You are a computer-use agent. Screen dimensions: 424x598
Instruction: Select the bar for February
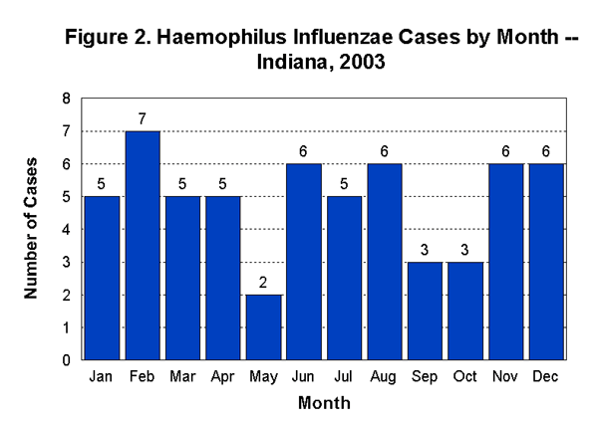(x=143, y=245)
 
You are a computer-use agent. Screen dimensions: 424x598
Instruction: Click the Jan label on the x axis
(x=102, y=376)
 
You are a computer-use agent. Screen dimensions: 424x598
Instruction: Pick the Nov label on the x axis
(x=506, y=376)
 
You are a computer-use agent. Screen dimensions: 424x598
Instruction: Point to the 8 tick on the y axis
(x=67, y=99)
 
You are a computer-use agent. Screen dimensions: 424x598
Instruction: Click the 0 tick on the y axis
(x=67, y=359)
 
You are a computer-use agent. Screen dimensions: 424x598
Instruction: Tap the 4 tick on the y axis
(x=67, y=229)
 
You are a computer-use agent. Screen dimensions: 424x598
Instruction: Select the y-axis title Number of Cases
(x=32, y=229)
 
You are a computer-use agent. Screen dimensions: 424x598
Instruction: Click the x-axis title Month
(x=324, y=404)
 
